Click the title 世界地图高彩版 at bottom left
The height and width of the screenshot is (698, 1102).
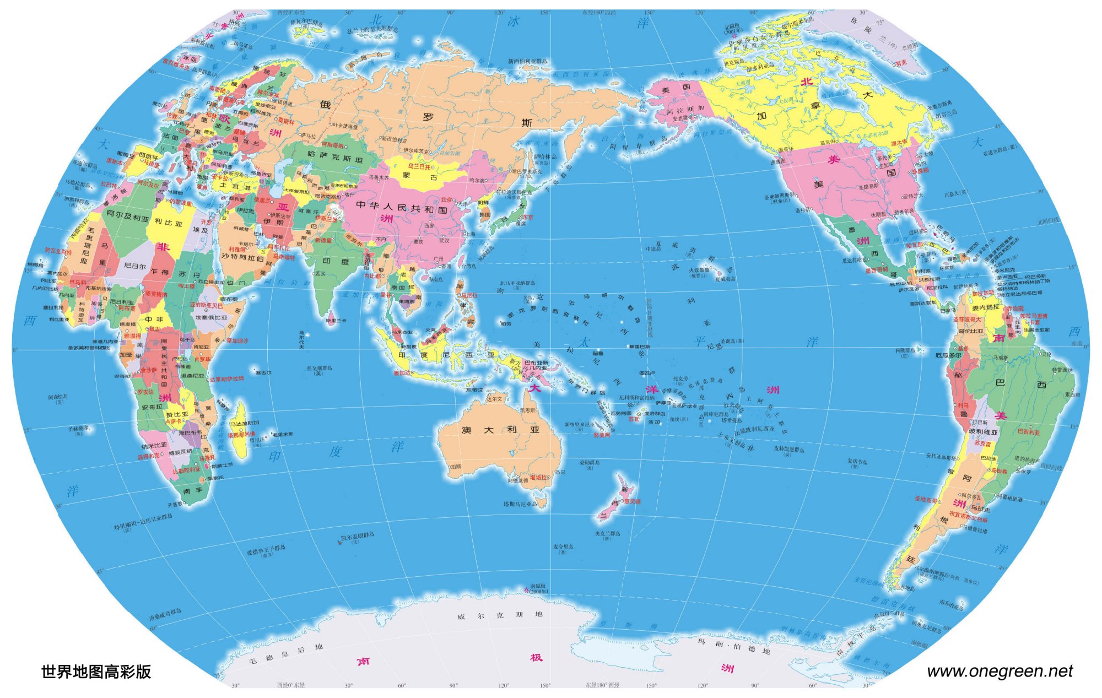point(96,672)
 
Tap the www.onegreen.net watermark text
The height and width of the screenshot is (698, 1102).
point(1000,671)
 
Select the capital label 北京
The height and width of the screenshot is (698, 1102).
point(446,200)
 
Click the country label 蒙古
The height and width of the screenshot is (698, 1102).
point(414,176)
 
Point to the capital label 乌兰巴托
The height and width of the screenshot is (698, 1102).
point(419,166)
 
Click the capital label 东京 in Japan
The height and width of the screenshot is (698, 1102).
point(527,217)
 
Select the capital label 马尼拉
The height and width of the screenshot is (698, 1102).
point(469,295)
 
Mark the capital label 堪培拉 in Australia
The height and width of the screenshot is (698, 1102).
point(538,477)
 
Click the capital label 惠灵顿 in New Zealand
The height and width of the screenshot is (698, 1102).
point(631,501)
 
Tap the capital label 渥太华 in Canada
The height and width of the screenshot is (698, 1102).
point(899,143)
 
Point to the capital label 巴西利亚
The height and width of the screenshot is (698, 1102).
point(1028,432)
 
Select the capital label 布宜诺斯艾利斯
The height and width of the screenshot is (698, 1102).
point(968,519)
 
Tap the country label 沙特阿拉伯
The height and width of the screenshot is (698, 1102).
point(242,257)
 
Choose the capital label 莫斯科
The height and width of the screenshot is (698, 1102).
point(285,121)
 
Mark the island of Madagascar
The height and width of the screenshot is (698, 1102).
point(240,430)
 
